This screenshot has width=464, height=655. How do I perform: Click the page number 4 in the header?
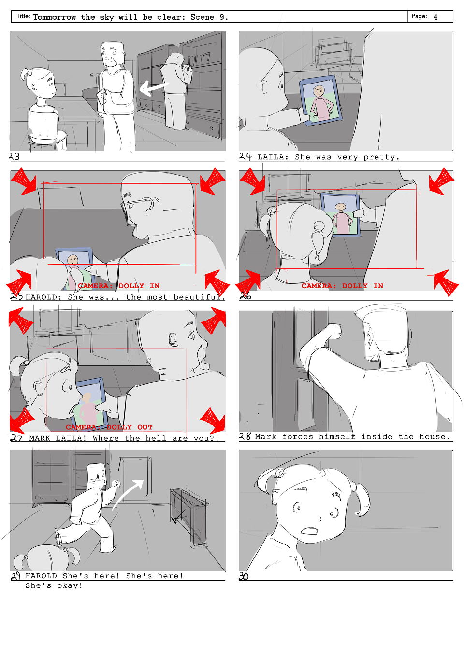click(x=435, y=17)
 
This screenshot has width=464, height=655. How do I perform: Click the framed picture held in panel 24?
click(x=321, y=100)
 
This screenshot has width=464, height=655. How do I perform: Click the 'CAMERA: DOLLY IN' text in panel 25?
click(x=119, y=286)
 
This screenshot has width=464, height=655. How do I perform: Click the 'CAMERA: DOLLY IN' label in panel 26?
click(x=342, y=286)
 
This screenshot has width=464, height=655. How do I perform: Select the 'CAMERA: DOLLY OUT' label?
click(x=109, y=427)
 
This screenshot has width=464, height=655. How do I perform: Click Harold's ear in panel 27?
click(x=174, y=339)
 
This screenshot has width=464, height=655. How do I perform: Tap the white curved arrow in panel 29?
click(x=128, y=494)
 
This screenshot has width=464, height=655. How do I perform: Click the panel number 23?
click(x=14, y=156)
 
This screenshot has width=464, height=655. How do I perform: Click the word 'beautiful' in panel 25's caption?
click(x=199, y=297)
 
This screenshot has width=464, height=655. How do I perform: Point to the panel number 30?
click(x=244, y=576)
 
